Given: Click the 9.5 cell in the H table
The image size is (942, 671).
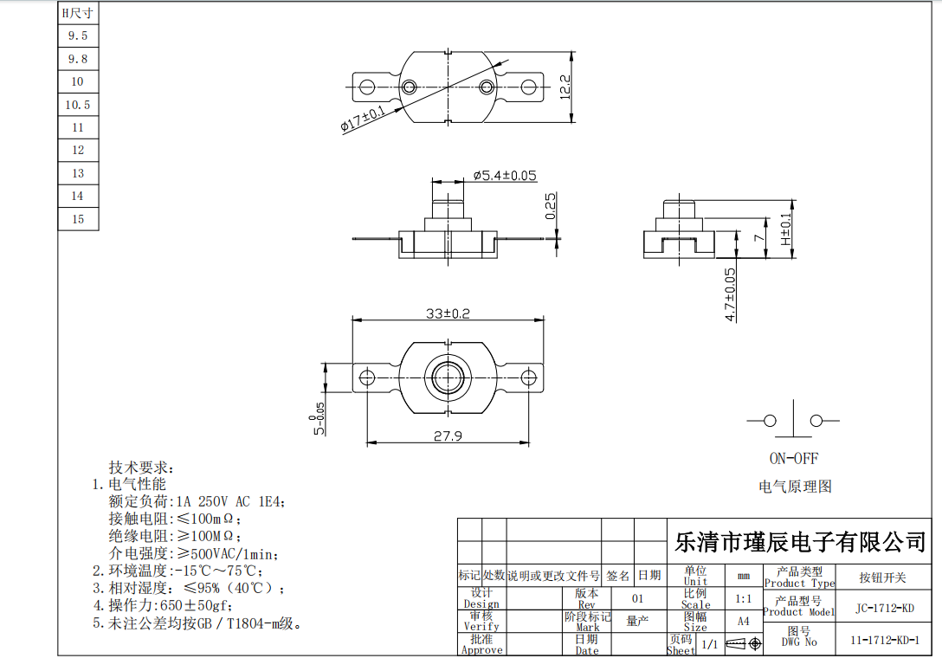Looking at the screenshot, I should tap(78, 36).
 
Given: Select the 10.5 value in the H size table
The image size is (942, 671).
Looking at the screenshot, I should tap(78, 105).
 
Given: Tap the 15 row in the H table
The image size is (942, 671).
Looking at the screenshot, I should tap(78, 219).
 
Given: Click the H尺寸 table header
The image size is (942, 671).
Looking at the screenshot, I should tap(78, 14).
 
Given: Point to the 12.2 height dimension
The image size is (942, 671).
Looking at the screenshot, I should tap(565, 87).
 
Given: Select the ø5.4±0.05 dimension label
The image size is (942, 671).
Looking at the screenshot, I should tap(505, 176).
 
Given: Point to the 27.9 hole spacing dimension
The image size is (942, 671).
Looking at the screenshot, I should tap(448, 436).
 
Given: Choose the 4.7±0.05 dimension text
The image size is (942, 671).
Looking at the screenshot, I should tap(730, 294).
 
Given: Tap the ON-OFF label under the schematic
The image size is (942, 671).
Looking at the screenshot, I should tap(793, 458).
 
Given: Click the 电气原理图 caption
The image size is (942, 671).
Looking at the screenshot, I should tap(795, 487).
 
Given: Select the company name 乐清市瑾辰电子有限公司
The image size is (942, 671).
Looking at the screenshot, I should tap(800, 542).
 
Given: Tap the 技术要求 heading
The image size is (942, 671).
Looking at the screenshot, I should tap(141, 467).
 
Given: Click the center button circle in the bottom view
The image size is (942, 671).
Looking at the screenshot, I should tap(448, 377).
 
